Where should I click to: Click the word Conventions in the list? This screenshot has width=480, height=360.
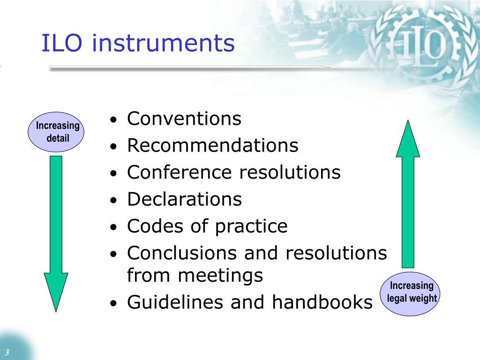(x=184, y=119)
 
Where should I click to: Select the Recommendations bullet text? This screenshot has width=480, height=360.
(x=212, y=146)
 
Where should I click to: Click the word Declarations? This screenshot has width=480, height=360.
(x=184, y=199)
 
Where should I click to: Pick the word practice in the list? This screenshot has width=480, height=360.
(x=251, y=226)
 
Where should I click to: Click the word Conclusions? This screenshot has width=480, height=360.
(x=182, y=253)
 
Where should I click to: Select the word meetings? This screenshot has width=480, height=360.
(x=220, y=275)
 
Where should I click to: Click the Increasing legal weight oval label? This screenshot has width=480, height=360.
(x=412, y=292)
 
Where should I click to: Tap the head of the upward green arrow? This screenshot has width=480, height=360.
(x=408, y=138)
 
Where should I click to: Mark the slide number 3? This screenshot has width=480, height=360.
(x=7, y=352)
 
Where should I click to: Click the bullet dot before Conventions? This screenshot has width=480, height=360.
(x=114, y=120)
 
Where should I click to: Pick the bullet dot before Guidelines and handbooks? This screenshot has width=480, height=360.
(x=114, y=304)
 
